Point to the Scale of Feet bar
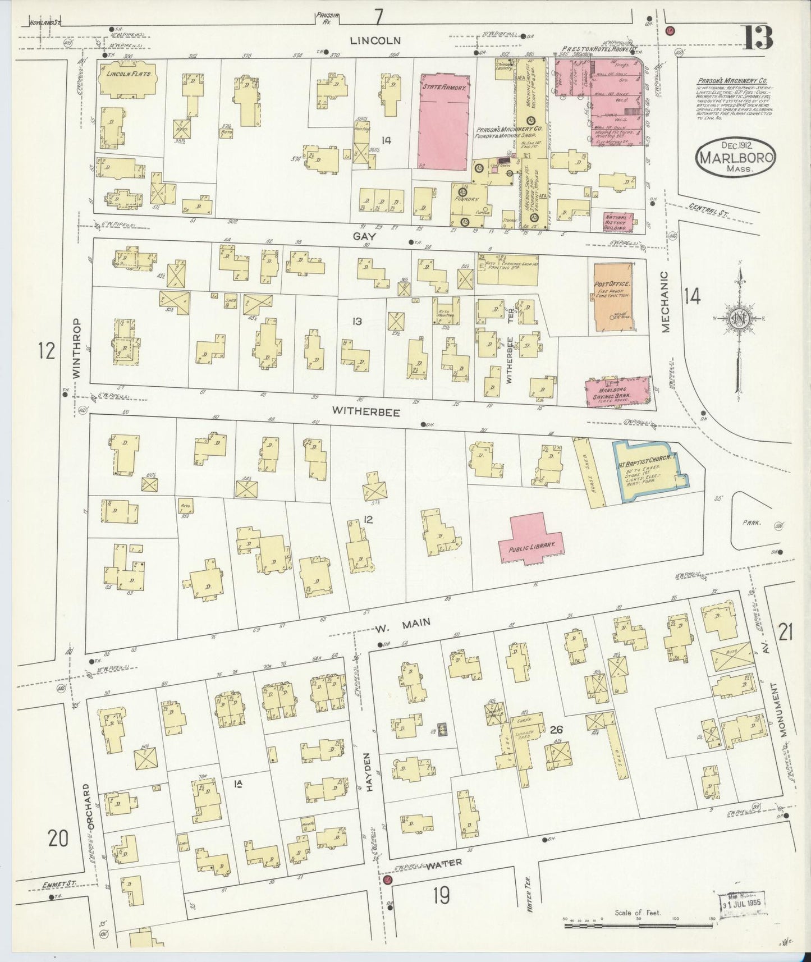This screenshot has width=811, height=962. pyautogui.click(x=637, y=920)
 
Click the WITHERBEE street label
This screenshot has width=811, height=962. pyautogui.click(x=366, y=411)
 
